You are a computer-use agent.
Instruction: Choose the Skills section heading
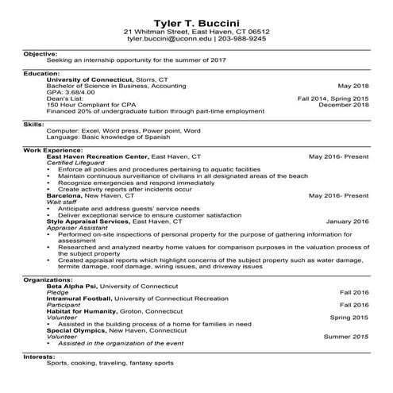(34, 124)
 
